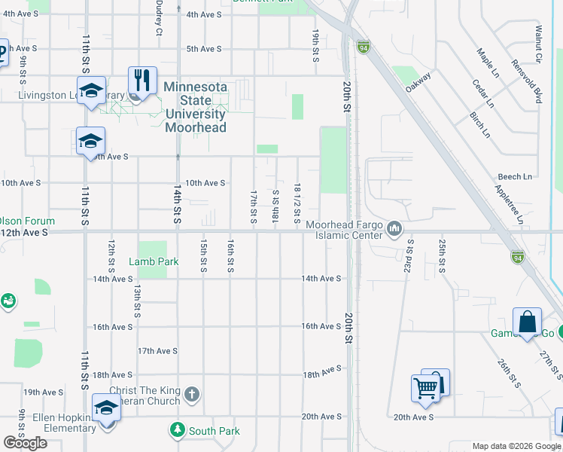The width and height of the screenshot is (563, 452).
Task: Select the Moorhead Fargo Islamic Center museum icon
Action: (x=394, y=228)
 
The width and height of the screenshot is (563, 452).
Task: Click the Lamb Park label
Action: (x=154, y=261)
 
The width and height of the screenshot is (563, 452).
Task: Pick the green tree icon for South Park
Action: (x=177, y=430)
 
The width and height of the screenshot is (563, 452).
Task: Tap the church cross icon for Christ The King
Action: (x=192, y=394)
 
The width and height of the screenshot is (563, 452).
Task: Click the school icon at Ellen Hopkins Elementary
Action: (x=106, y=408)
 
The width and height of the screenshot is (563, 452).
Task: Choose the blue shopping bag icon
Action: (x=528, y=322)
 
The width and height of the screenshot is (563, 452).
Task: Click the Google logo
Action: (x=25, y=443)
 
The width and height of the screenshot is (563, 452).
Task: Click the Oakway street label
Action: (x=418, y=81)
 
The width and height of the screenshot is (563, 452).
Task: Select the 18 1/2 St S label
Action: (x=298, y=203)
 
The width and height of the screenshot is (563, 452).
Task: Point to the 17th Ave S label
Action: (x=157, y=351)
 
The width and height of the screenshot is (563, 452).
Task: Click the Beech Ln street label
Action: (x=515, y=176)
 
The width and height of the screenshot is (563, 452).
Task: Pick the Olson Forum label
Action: (x=28, y=221)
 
